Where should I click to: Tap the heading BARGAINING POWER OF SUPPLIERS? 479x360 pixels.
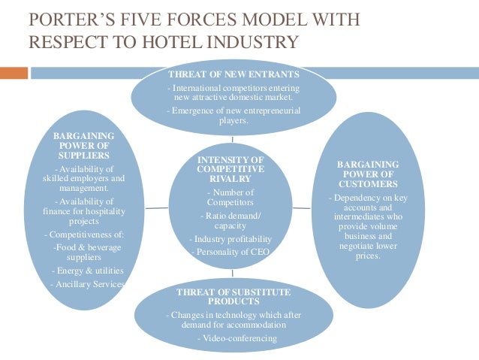(84, 144)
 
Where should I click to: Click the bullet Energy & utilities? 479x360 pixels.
(87, 271)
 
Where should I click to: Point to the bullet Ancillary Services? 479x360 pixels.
(87, 284)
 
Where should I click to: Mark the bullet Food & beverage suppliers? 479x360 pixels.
(84, 250)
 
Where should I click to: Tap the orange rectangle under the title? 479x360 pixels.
(14, 73)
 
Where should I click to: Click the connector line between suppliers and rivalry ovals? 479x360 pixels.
(156, 206)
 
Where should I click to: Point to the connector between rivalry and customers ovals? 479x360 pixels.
(302, 206)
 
